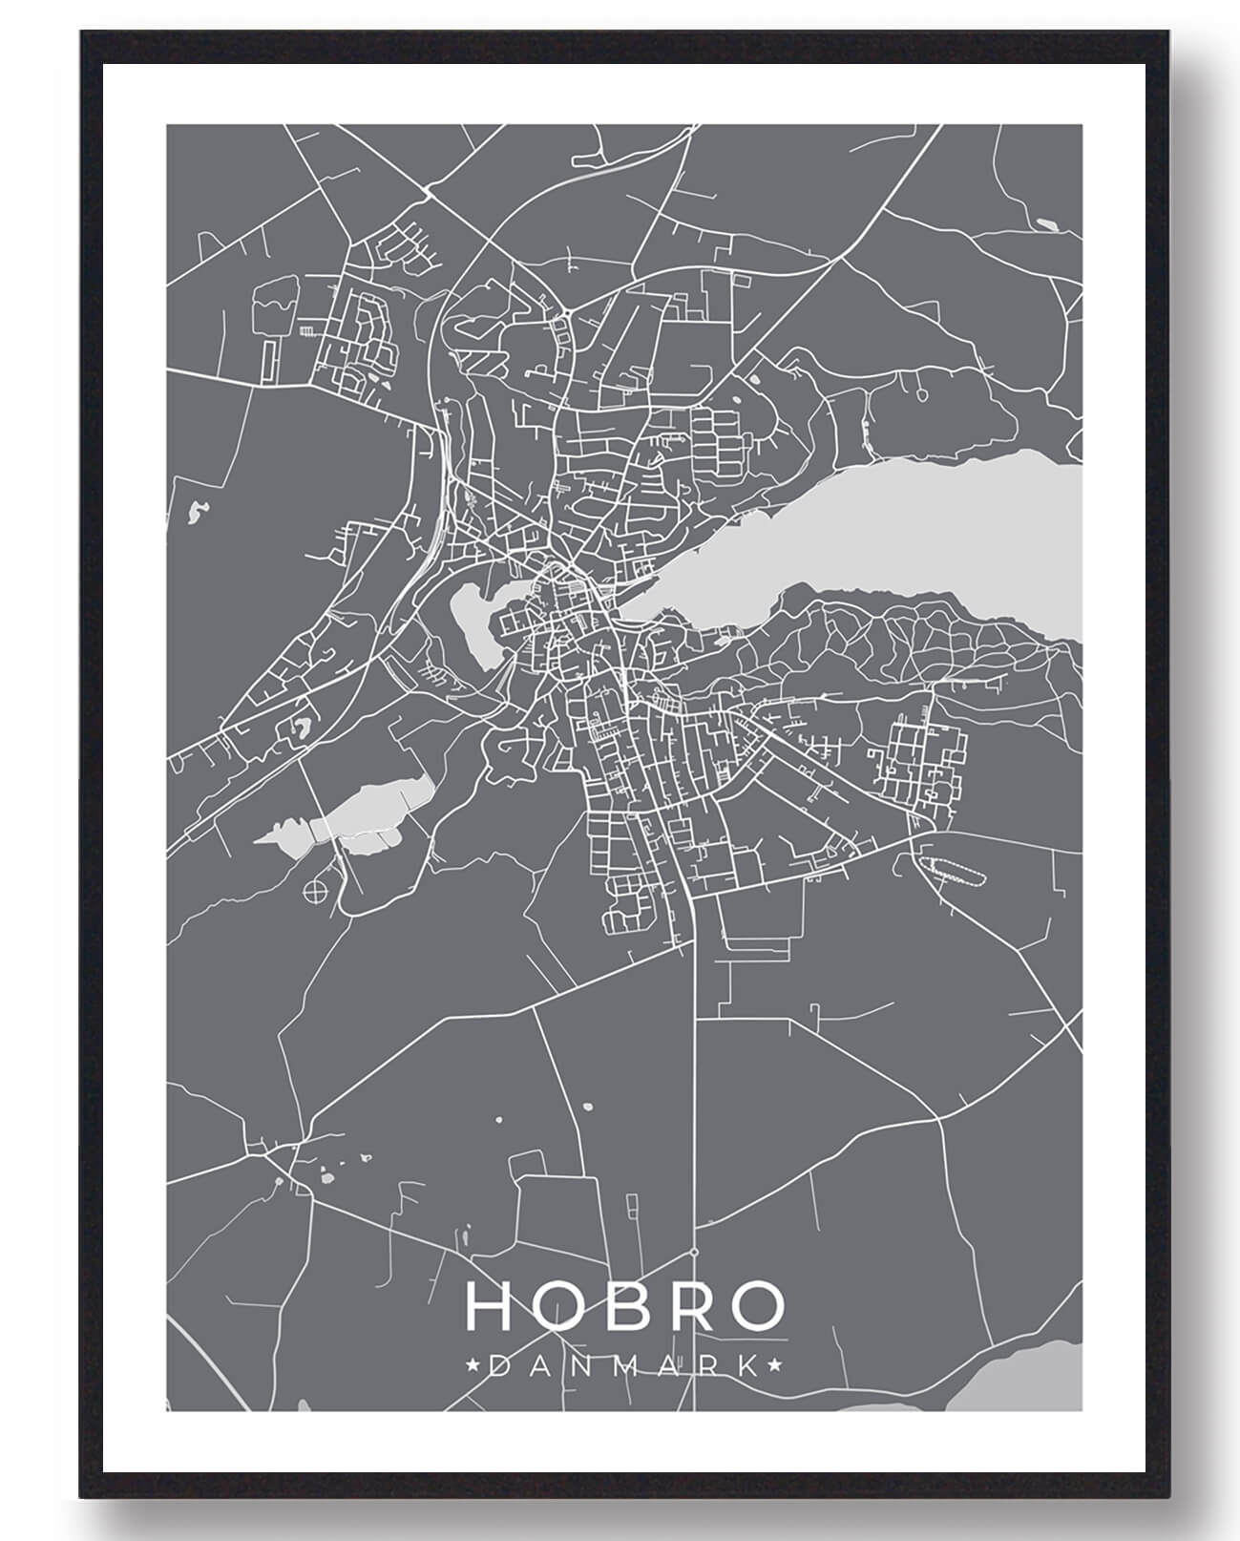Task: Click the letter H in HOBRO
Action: (x=488, y=1306)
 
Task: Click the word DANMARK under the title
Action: (x=624, y=1366)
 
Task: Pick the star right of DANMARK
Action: (x=776, y=1366)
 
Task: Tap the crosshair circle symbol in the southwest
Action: (x=313, y=892)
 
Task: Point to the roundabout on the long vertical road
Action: (x=694, y=1252)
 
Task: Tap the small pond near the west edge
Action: (x=199, y=513)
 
